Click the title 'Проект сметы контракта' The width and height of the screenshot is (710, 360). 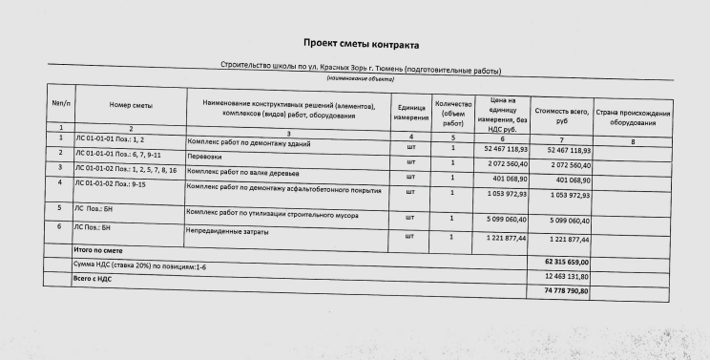(361, 44)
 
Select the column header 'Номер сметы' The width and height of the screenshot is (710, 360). (131, 105)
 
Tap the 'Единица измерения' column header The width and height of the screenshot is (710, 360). (411, 113)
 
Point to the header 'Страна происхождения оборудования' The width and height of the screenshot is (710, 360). (634, 118)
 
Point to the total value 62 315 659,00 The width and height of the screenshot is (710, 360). (567, 261)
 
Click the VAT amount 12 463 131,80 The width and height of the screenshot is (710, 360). (567, 275)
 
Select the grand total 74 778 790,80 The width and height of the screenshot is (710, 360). (567, 290)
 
